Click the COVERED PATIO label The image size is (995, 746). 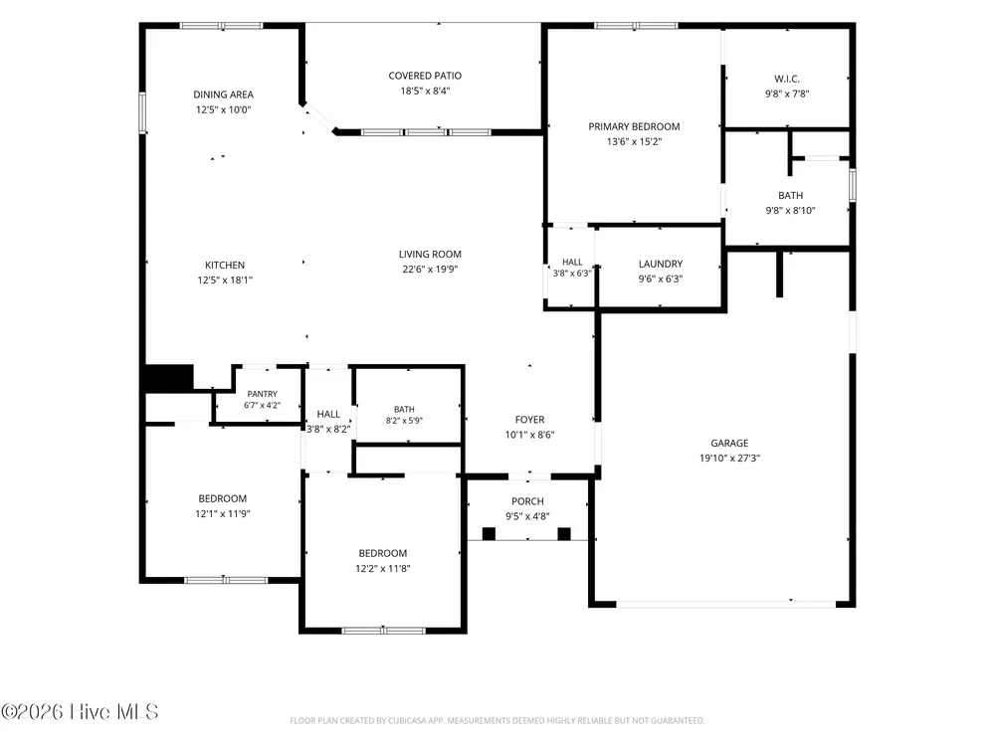click(x=425, y=76)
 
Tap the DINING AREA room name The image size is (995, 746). click(x=223, y=94)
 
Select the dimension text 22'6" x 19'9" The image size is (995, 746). click(x=430, y=269)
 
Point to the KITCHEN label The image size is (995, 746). click(x=225, y=266)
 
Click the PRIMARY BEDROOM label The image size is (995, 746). click(x=634, y=127)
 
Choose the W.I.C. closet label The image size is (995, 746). click(x=787, y=80)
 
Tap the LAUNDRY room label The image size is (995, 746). click(x=661, y=264)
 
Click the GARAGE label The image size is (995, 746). click(x=729, y=444)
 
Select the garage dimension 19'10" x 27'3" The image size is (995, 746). click(x=729, y=458)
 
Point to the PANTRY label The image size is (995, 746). click(x=262, y=394)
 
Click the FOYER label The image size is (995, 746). click(x=530, y=420)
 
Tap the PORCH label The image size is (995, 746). click(x=527, y=501)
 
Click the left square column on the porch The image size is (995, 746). click(x=489, y=533)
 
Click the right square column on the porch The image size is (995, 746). click(x=564, y=533)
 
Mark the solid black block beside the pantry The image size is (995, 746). click(x=169, y=379)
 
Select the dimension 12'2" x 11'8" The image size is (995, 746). click(x=383, y=569)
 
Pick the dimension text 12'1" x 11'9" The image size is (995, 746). click(x=223, y=514)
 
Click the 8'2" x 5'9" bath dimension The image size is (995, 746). click(x=404, y=421)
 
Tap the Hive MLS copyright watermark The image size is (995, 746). click(x=80, y=712)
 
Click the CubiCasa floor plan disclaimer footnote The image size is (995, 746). click(x=497, y=720)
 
